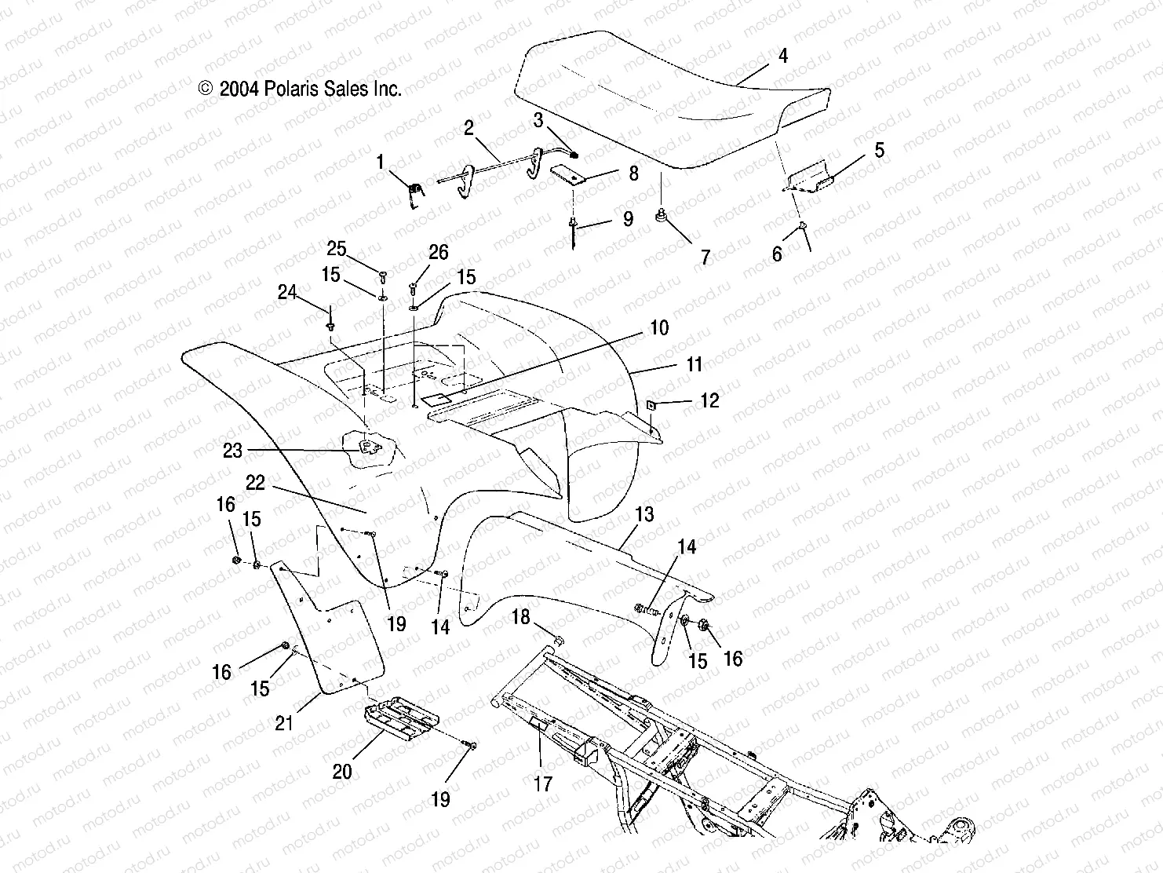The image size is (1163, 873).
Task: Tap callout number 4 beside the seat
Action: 782,56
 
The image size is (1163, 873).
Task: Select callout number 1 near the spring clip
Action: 381,163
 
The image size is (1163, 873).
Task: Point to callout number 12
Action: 709,401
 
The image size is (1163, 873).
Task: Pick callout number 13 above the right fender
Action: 644,515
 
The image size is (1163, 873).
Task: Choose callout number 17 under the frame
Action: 543,783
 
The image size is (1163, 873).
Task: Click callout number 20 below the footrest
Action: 342,772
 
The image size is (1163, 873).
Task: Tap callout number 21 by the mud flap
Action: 284,721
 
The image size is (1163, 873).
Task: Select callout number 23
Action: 233,451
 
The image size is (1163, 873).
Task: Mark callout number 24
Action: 288,293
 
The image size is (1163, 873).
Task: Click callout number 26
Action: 438,252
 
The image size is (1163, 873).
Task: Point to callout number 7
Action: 705,257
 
